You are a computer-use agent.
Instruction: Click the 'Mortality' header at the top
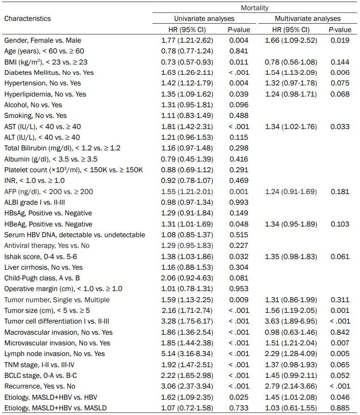tap(255, 8)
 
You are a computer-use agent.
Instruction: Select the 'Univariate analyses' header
tap(204, 19)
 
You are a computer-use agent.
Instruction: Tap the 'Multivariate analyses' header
tap(308, 19)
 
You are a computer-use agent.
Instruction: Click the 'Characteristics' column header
tap(27, 19)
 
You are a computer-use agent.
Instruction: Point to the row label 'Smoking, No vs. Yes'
tap(35, 116)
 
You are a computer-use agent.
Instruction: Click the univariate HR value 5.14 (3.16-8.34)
tap(187, 354)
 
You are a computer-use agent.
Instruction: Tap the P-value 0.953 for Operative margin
tap(239, 289)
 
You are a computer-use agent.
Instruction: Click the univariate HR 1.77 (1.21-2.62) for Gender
tap(187, 40)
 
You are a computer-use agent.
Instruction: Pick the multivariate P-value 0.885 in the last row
tap(340, 408)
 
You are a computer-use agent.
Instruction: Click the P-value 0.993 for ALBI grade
tap(239, 202)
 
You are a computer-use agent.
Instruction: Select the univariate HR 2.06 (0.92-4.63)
tap(187, 278)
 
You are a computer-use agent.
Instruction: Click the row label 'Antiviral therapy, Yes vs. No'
tap(47, 246)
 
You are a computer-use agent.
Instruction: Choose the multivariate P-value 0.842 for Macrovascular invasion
tap(340, 332)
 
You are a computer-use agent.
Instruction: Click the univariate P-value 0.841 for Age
tap(239, 51)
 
